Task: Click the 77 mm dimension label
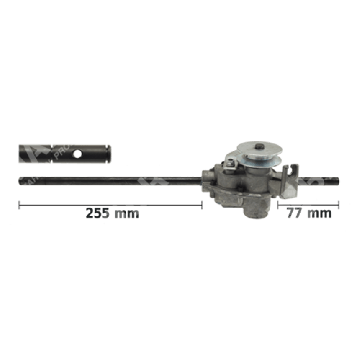click(x=310, y=213)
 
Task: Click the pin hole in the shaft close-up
click(x=77, y=154)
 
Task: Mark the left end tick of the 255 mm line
click(x=20, y=205)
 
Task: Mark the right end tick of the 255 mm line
click(x=202, y=205)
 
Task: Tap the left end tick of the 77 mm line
click(x=277, y=205)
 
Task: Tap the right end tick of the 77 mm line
click(x=338, y=205)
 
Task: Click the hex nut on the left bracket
click(x=230, y=160)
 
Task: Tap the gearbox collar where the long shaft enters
click(x=205, y=178)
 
